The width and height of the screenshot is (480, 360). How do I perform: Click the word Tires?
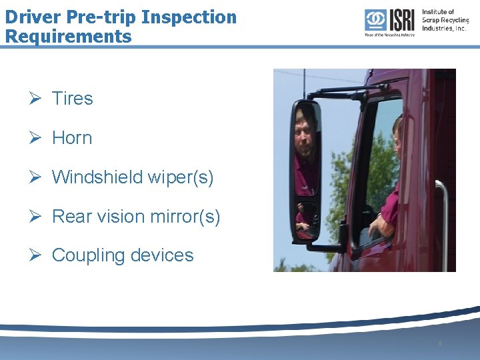[x=72, y=99]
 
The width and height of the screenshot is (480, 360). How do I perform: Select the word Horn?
[x=72, y=138]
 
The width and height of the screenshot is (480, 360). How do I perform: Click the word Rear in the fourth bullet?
[x=70, y=217]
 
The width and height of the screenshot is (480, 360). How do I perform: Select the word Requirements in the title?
[x=68, y=35]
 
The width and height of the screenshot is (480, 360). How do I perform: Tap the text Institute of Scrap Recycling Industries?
[x=445, y=20]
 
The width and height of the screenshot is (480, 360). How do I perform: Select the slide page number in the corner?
[x=440, y=343]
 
